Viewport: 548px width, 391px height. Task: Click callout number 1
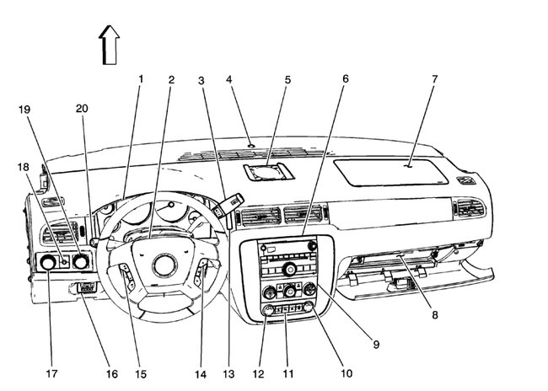pos(141,79)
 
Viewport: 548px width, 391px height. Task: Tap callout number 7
pos(434,79)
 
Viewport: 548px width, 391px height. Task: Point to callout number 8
pos(435,314)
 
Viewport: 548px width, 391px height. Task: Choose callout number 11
pos(287,373)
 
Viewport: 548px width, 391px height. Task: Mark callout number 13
pos(227,373)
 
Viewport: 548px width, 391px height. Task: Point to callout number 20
pos(81,109)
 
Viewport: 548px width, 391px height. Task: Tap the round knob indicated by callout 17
pos(47,265)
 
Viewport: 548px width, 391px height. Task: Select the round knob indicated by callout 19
pos(80,262)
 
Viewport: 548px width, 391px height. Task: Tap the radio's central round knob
pos(288,269)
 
